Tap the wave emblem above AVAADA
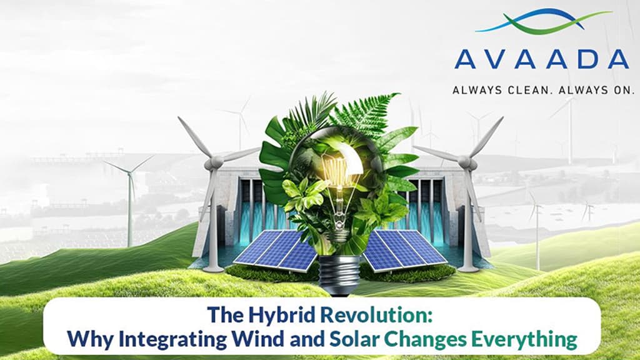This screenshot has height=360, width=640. [542, 21]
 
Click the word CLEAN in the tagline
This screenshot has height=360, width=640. [516, 90]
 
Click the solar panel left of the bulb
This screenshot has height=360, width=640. [276, 248]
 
